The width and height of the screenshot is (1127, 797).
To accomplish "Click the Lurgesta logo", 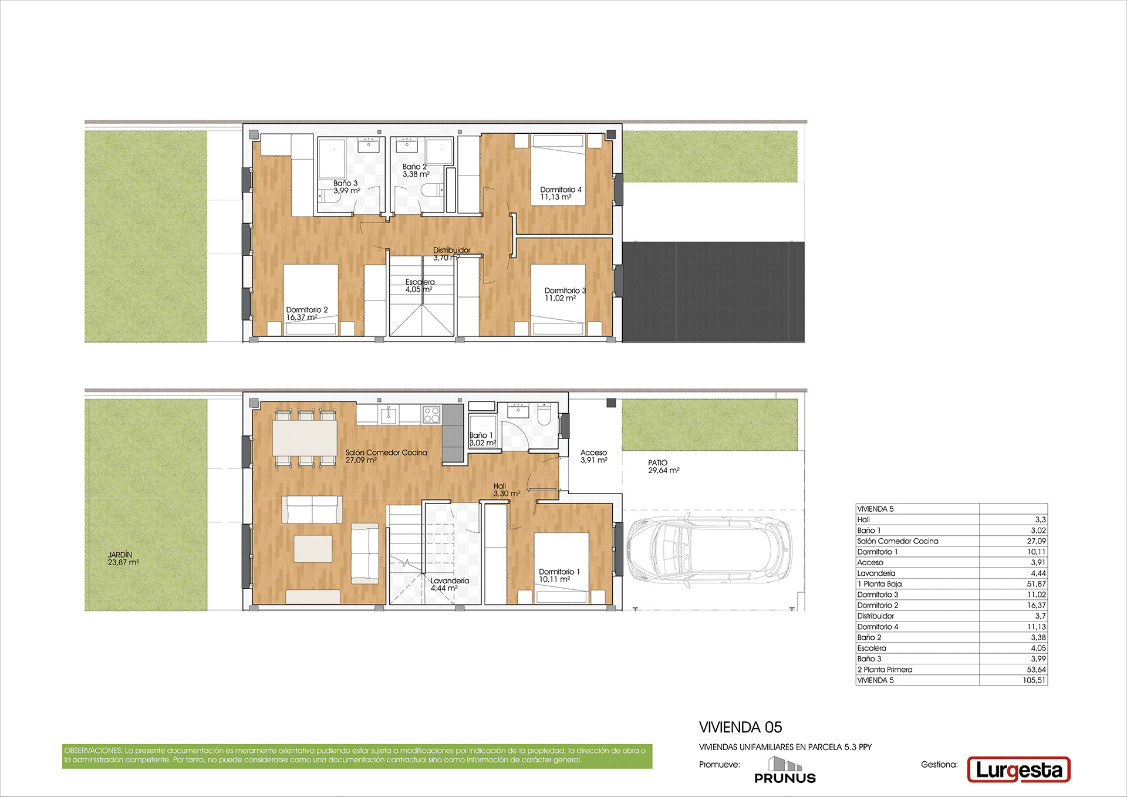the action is pos(1018,769).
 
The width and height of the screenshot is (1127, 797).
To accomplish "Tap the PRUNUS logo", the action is pos(785,770).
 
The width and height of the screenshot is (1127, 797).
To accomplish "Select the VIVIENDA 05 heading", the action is pos(740,727).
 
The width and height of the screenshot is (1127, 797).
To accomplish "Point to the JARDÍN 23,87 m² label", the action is pos(123,558).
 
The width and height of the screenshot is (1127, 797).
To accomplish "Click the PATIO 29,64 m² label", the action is pos(664,467).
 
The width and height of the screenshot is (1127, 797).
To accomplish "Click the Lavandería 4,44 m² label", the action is pos(450,584).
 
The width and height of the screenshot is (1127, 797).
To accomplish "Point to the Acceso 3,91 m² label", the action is pos(594,456).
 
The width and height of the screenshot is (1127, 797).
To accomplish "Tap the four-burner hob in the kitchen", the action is pos(431,414).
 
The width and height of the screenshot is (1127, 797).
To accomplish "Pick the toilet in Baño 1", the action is pos(544,414).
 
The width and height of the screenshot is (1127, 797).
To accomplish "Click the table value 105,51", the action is pos(1034,680).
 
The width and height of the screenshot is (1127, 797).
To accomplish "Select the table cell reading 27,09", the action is pos(1037,541).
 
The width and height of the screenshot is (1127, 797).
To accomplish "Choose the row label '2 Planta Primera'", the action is pos(885,670).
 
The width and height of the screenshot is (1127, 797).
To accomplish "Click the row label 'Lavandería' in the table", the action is pos(876,573).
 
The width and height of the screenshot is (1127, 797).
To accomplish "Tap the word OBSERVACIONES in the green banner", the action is pos(93,751).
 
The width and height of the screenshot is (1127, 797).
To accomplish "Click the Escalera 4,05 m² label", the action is pos(420,286).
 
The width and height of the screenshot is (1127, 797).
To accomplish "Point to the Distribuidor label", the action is pos(451,250).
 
